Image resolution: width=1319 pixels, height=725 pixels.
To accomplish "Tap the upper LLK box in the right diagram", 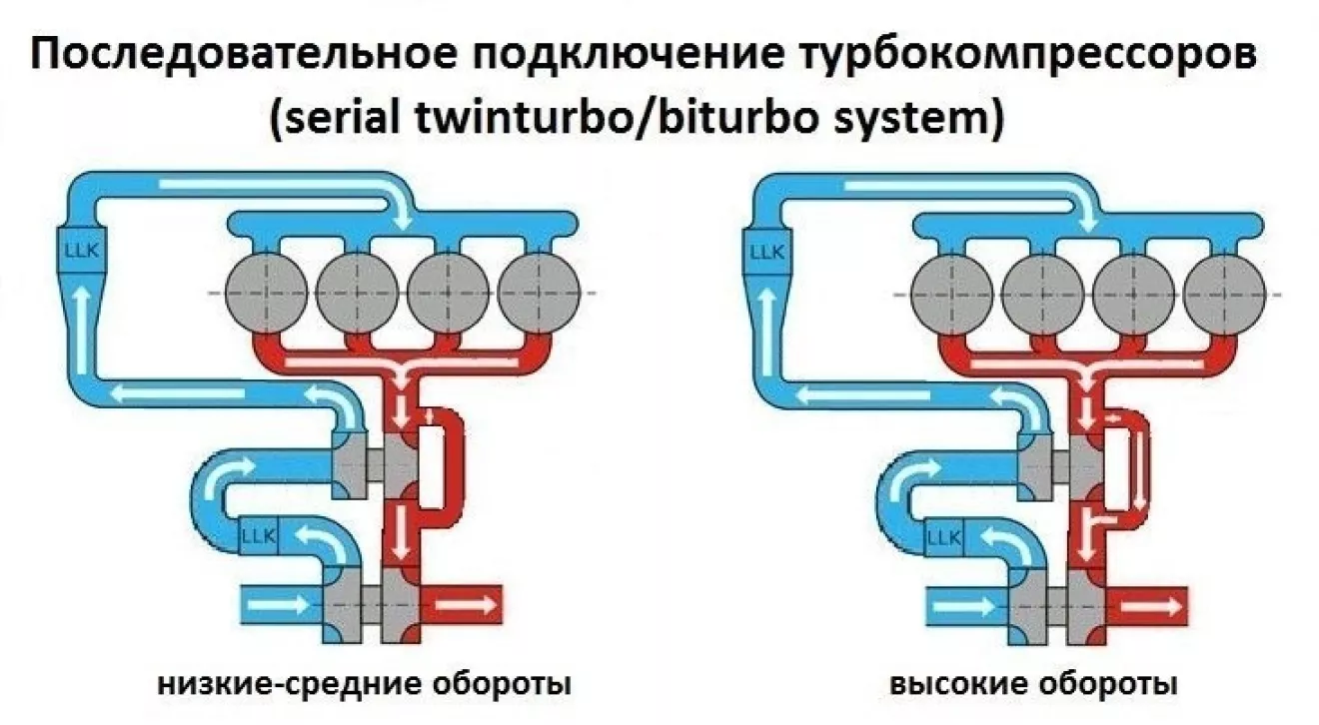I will pyautogui.click(x=764, y=245).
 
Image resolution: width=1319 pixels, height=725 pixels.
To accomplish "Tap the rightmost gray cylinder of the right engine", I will pyautogui.click(x=1225, y=292).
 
